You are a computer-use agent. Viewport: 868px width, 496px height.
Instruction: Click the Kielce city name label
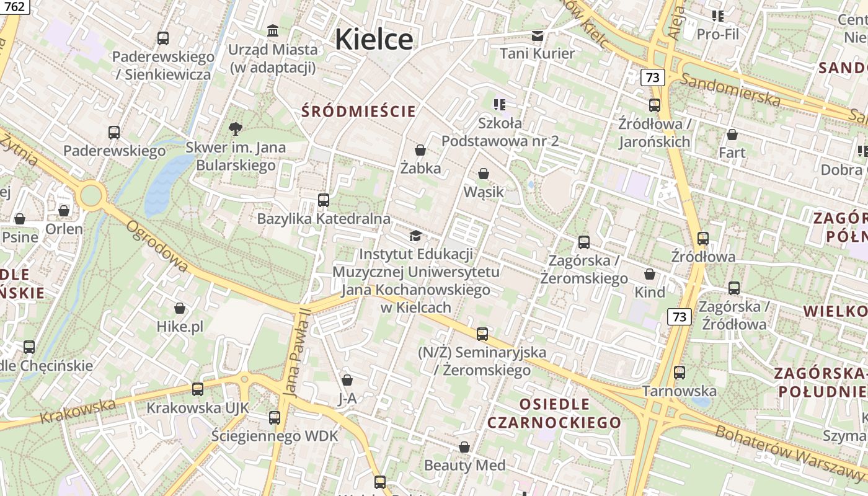point(374,39)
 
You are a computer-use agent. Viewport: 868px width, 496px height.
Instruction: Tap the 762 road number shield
point(14,7)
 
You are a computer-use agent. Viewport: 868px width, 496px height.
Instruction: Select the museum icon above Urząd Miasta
point(272,30)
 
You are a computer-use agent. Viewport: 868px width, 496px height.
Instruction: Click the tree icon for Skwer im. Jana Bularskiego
point(235,129)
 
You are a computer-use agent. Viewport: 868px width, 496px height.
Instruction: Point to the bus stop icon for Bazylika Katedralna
point(323,200)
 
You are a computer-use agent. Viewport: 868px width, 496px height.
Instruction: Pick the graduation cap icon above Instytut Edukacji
point(415,236)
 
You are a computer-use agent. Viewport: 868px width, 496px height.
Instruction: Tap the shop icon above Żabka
point(420,150)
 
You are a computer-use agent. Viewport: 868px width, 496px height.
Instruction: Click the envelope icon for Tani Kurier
point(537,35)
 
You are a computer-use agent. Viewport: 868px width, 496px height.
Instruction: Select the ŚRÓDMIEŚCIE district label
point(358,112)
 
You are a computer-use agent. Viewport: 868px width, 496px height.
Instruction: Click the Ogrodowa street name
point(157,246)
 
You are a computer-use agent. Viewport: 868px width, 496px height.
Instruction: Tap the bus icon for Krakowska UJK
point(197,389)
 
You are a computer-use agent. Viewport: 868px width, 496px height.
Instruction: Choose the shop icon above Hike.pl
point(180,308)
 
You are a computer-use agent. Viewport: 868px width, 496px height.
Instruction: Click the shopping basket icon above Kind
point(650,274)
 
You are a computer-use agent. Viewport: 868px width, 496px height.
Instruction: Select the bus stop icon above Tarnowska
point(680,373)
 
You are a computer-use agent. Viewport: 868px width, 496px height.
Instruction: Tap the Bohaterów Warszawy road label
point(790,453)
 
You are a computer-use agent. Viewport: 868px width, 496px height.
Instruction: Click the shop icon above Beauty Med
point(464,447)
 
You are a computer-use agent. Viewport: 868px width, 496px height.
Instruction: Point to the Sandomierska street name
point(730,89)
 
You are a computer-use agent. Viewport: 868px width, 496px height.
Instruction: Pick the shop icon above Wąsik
point(484,174)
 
